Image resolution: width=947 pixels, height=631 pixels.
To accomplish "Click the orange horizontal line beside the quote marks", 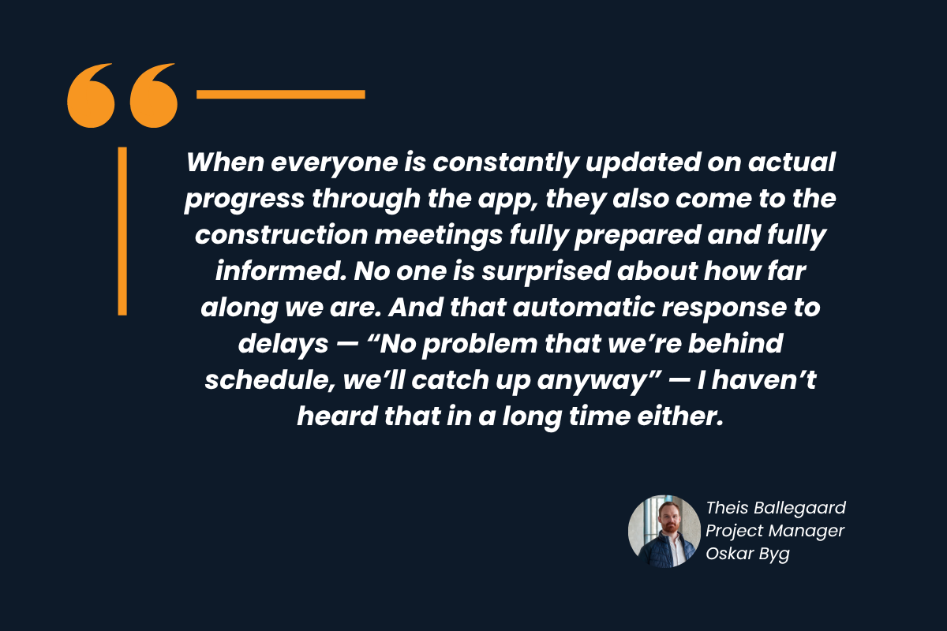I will coord(280,95).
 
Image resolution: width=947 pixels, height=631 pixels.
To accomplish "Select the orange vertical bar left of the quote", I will coord(122,230).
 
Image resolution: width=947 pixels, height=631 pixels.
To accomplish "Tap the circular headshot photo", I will coord(664,532).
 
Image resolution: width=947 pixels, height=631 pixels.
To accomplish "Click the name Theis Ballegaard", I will coord(776,507).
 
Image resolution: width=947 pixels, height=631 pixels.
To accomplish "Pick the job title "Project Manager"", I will coord(775,531).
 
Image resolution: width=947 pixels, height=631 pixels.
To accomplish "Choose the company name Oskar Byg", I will coord(747,554).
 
